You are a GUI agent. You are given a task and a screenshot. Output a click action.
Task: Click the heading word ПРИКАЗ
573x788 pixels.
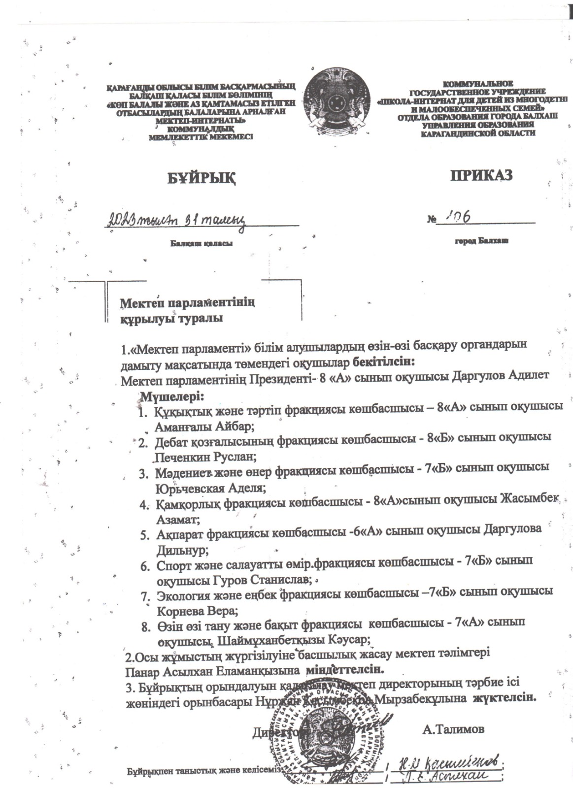coord(481,175)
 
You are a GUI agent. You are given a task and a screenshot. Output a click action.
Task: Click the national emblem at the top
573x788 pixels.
coord(337,101)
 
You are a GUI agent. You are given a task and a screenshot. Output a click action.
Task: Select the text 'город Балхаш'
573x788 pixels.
coord(481,241)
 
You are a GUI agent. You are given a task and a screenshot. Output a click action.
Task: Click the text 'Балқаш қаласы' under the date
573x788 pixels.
coord(202,243)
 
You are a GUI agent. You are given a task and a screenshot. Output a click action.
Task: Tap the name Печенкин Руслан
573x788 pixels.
coord(205,456)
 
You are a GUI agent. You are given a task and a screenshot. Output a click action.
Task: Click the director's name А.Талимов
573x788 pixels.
coord(453,729)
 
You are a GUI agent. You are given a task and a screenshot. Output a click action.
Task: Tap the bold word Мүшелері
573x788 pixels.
coord(172,396)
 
